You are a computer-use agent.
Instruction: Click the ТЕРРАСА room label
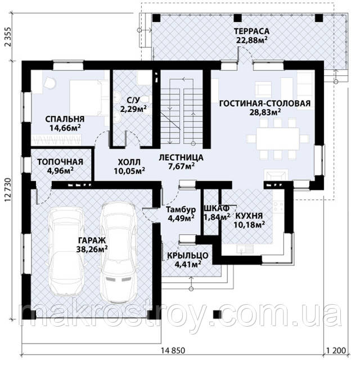click(251, 31)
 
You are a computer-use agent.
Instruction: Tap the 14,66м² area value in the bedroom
click(65, 128)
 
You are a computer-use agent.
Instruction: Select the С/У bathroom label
click(133, 100)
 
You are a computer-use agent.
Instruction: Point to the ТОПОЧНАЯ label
click(60, 162)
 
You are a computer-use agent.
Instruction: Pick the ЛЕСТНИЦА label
click(181, 157)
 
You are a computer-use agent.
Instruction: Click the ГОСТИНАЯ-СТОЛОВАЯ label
click(265, 103)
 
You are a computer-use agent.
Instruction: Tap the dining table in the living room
click(277, 139)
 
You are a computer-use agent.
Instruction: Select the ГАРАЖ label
click(92, 240)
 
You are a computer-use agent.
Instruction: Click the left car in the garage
click(66, 251)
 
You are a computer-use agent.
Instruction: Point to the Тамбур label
click(181, 209)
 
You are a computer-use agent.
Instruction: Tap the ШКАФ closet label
click(217, 208)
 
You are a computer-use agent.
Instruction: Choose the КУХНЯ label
click(249, 216)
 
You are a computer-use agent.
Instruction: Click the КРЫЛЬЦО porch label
click(188, 256)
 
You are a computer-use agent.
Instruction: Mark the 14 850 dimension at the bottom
click(173, 351)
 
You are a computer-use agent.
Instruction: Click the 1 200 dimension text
click(336, 351)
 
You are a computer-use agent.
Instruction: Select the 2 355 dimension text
click(8, 37)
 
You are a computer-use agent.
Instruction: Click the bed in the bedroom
click(86, 98)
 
